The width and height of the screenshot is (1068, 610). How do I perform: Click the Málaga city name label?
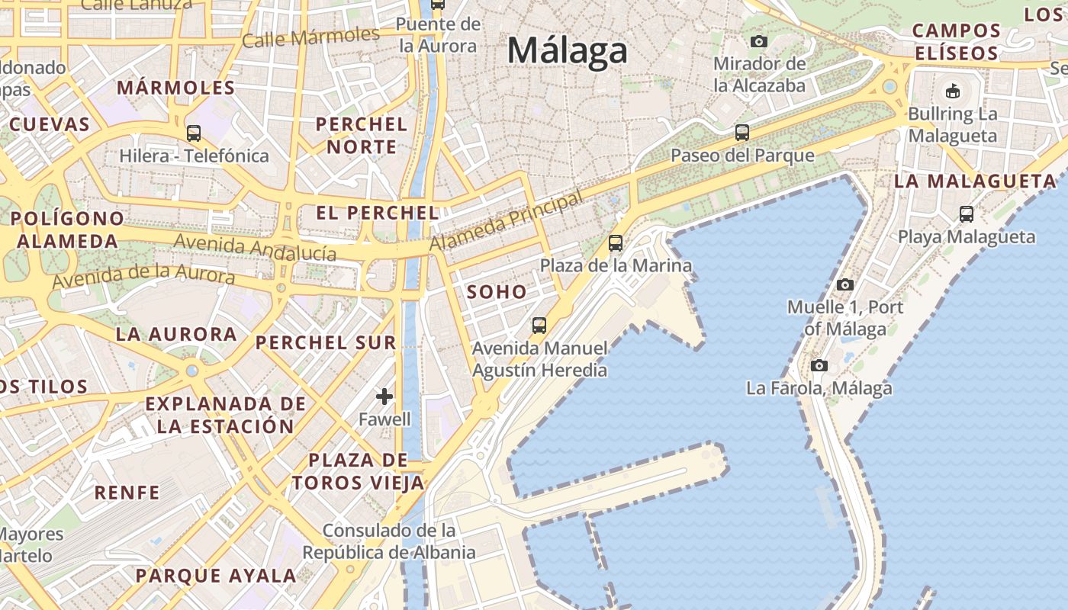pos(567,51)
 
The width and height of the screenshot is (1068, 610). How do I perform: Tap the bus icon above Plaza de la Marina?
pos(616,243)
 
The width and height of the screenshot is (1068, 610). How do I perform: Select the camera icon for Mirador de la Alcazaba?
pos(758,41)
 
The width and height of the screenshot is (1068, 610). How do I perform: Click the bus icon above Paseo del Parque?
pos(741,133)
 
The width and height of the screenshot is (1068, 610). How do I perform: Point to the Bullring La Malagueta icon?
pos(952,91)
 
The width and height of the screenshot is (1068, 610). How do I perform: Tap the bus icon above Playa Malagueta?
pos(967,214)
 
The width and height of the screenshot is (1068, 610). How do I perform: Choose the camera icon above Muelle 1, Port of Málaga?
pos(844,284)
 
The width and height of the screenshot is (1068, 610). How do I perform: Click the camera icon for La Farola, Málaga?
pos(819,365)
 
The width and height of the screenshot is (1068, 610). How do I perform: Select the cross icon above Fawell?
pos(384,396)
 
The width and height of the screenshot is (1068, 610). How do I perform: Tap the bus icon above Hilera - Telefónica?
pos(194,133)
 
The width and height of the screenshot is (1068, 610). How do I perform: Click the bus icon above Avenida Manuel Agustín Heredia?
pos(539,326)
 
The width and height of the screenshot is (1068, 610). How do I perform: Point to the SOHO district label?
pos(497,291)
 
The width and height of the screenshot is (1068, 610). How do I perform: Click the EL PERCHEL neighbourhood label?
pos(378,213)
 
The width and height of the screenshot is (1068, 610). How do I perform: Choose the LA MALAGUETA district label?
pos(975,181)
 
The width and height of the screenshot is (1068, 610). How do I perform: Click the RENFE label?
pos(127,493)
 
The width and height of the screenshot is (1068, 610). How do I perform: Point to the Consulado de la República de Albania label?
pos(389,541)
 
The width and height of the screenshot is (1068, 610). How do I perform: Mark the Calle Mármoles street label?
pos(310,37)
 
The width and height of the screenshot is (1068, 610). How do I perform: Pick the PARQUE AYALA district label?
pos(216,576)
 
